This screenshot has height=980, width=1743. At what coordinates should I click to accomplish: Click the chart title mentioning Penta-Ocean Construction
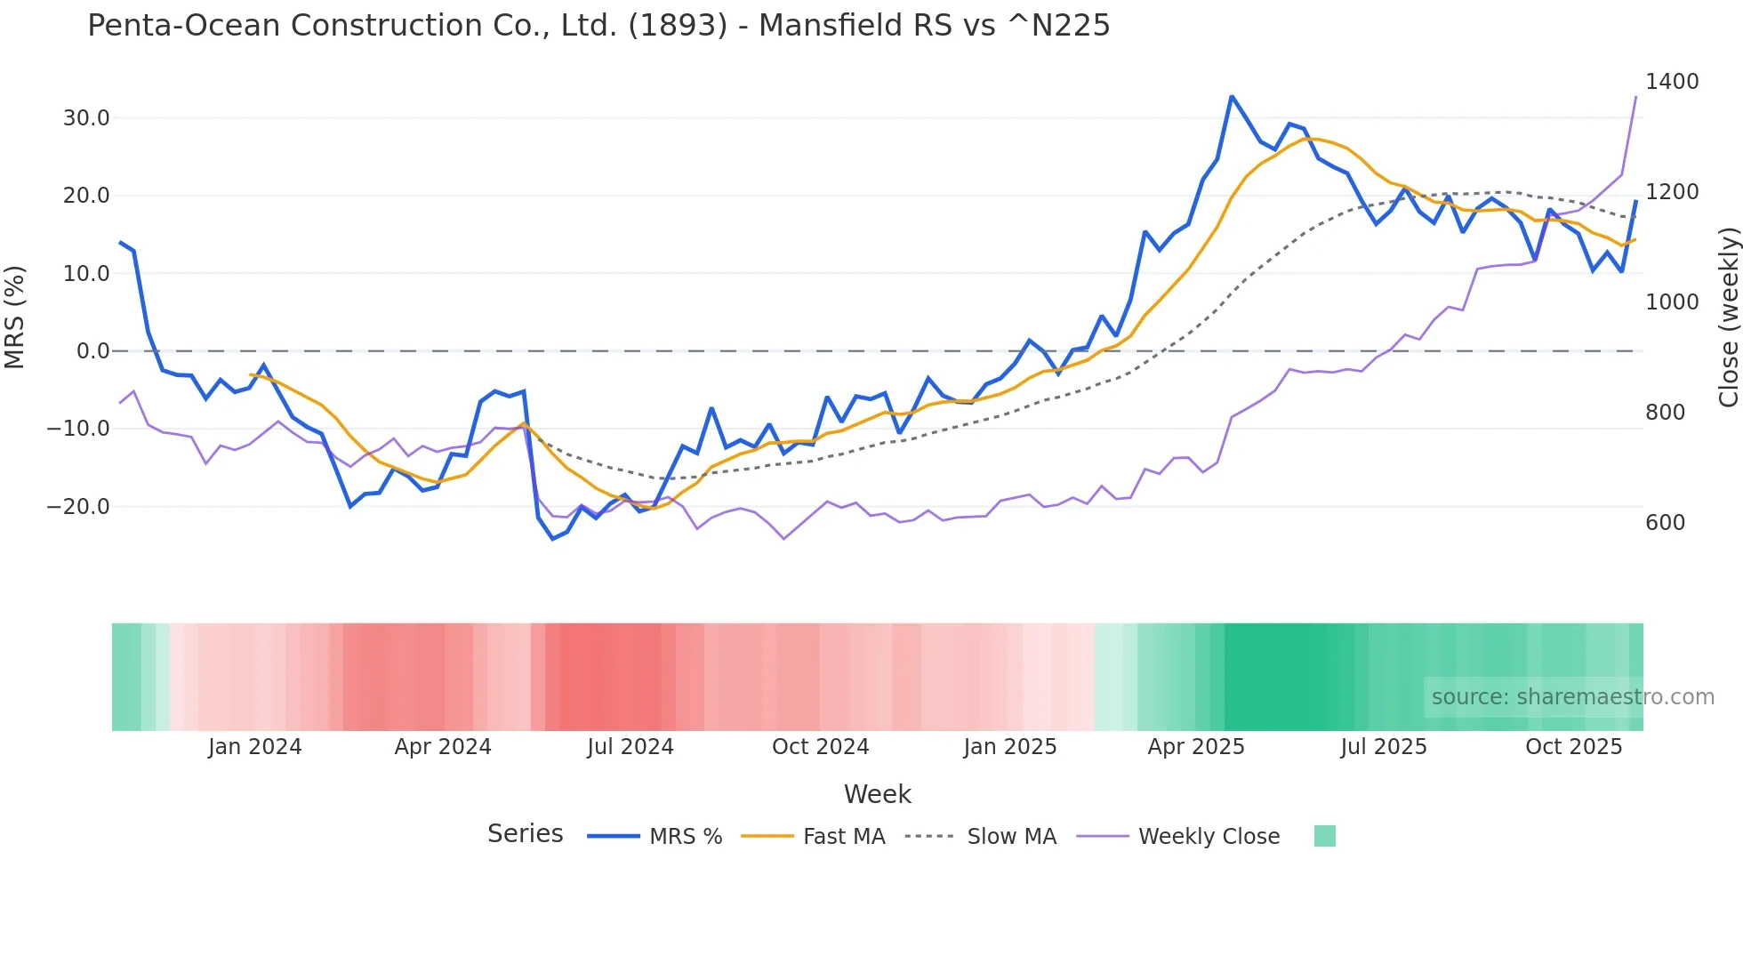coord(598,26)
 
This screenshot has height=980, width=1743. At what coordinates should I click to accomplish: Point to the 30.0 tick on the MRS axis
coord(86,118)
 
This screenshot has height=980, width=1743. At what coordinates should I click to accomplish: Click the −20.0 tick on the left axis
coord(78,507)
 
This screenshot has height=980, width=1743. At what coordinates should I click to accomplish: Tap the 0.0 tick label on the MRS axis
coord(93,351)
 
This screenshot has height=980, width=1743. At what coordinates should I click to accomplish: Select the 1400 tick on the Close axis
coord(1672,82)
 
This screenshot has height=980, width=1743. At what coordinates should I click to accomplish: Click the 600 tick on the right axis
coord(1665,523)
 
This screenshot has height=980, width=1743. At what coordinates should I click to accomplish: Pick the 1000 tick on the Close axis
coord(1672,302)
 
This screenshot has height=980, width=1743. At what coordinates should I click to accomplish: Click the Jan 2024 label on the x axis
coord(255,747)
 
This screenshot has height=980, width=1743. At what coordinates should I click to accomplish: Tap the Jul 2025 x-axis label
coord(1384,747)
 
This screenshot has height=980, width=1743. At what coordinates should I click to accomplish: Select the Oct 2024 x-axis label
coord(820,747)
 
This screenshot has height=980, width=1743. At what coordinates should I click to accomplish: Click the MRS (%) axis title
coord(15,317)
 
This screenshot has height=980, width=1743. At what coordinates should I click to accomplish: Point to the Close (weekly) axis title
coord(1728,317)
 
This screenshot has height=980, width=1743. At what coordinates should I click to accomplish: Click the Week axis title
coord(877,794)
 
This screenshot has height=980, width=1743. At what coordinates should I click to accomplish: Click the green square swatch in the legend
coord(1324,836)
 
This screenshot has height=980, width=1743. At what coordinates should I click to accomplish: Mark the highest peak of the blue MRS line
coord(1232,96)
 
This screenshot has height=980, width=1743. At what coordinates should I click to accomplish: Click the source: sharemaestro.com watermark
coord(1572,697)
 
